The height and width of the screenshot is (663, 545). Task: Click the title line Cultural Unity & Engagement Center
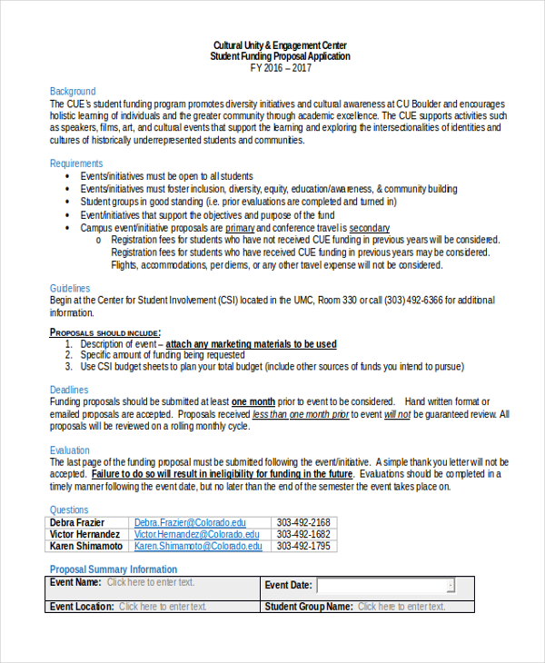click(x=279, y=45)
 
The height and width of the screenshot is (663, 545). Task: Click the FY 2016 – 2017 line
click(x=279, y=68)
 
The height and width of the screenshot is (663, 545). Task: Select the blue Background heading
click(x=72, y=92)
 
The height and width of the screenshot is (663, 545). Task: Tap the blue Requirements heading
click(x=76, y=163)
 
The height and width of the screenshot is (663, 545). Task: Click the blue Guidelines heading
click(x=70, y=288)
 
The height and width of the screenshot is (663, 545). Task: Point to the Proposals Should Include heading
click(x=104, y=332)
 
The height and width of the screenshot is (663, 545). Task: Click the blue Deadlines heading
click(x=69, y=390)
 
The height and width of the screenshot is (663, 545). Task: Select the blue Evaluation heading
click(x=70, y=450)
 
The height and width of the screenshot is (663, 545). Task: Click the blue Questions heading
click(x=69, y=510)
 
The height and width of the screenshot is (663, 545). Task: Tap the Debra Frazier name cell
click(x=77, y=522)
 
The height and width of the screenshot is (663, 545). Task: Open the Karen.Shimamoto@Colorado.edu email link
click(x=198, y=546)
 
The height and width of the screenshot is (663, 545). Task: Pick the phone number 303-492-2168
click(x=303, y=522)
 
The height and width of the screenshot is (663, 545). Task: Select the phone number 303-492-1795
click(x=303, y=546)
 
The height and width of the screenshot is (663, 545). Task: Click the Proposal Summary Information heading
click(x=114, y=569)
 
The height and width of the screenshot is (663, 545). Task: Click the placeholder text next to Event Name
click(x=151, y=582)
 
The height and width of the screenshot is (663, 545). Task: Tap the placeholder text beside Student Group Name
click(x=401, y=606)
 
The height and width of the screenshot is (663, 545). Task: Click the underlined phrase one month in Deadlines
click(x=253, y=401)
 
